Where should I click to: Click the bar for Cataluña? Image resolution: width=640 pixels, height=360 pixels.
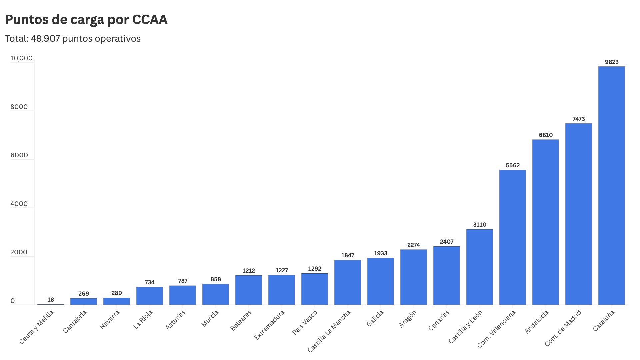click(612, 186)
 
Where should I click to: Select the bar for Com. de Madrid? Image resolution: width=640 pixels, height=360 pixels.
click(579, 214)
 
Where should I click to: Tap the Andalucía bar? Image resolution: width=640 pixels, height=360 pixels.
click(546, 222)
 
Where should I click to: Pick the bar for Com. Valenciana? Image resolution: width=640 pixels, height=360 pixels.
click(513, 237)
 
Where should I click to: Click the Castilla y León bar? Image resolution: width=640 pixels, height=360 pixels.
click(480, 267)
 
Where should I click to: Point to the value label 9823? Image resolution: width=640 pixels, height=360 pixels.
click(612, 62)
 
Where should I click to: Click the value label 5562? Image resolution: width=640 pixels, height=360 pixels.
click(513, 165)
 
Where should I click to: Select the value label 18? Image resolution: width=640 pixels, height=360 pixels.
click(51, 300)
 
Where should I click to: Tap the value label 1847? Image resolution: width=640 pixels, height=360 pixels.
click(348, 255)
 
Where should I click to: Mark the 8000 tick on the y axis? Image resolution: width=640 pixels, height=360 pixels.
click(19, 107)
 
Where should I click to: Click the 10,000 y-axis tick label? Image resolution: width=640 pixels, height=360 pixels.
click(21, 58)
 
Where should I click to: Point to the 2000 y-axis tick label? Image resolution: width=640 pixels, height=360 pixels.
click(19, 252)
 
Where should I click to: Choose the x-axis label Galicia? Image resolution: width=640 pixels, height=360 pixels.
click(375, 318)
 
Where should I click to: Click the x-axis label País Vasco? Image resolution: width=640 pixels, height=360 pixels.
click(305, 322)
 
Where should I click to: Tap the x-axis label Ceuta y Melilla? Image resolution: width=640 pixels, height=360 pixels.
click(36, 327)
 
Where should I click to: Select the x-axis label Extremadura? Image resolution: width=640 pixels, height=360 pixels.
click(269, 325)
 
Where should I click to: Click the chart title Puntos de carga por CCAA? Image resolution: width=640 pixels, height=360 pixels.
click(86, 20)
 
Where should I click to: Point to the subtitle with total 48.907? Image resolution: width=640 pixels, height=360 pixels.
click(73, 39)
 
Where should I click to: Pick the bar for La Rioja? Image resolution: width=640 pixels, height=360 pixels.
click(150, 296)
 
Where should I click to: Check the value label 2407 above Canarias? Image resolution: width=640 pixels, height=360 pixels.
click(447, 242)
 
